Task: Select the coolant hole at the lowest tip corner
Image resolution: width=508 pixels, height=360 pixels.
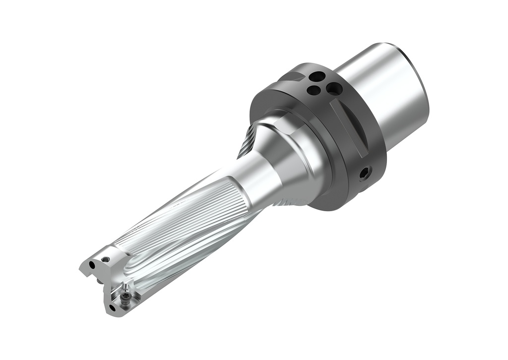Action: tap(112, 307)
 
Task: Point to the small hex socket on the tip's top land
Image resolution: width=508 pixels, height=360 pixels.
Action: tap(106, 258)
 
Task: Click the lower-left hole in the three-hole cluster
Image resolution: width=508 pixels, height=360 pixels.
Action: tap(313, 90)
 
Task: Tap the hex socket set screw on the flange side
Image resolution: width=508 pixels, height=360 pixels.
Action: tap(365, 173)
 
